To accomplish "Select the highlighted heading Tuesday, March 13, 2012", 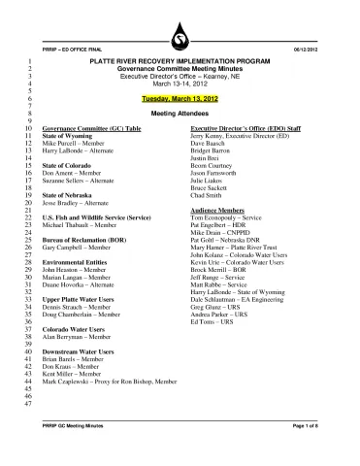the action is pyautogui.click(x=180, y=100).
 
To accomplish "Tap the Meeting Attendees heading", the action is pyautogui.click(x=180, y=114).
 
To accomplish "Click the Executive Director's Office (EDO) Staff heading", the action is pyautogui.click(x=243, y=127).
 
